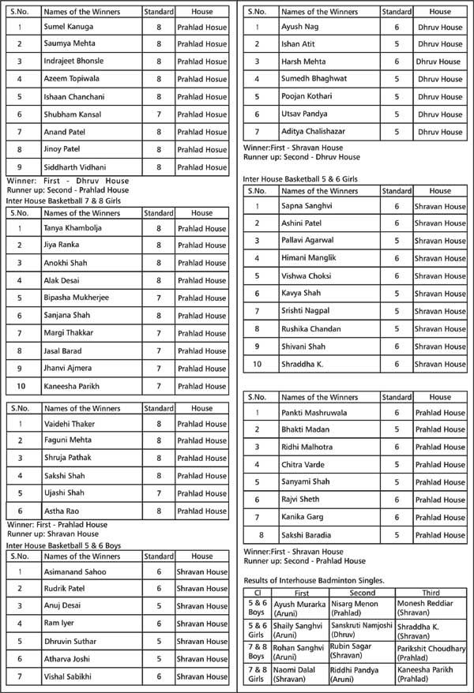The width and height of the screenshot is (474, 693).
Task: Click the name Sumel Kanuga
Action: click(x=69, y=28)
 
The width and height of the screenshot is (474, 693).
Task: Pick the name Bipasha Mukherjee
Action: click(x=77, y=298)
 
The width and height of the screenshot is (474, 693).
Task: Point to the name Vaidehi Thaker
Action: click(x=70, y=424)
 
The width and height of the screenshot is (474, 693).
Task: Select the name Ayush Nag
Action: click(x=299, y=27)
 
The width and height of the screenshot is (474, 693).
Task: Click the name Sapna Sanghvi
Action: click(x=308, y=206)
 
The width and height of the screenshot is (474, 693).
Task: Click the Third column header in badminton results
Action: click(x=430, y=592)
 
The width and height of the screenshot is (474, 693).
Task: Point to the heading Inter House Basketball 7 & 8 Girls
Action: click(x=64, y=201)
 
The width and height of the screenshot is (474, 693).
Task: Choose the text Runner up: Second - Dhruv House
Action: click(x=302, y=157)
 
